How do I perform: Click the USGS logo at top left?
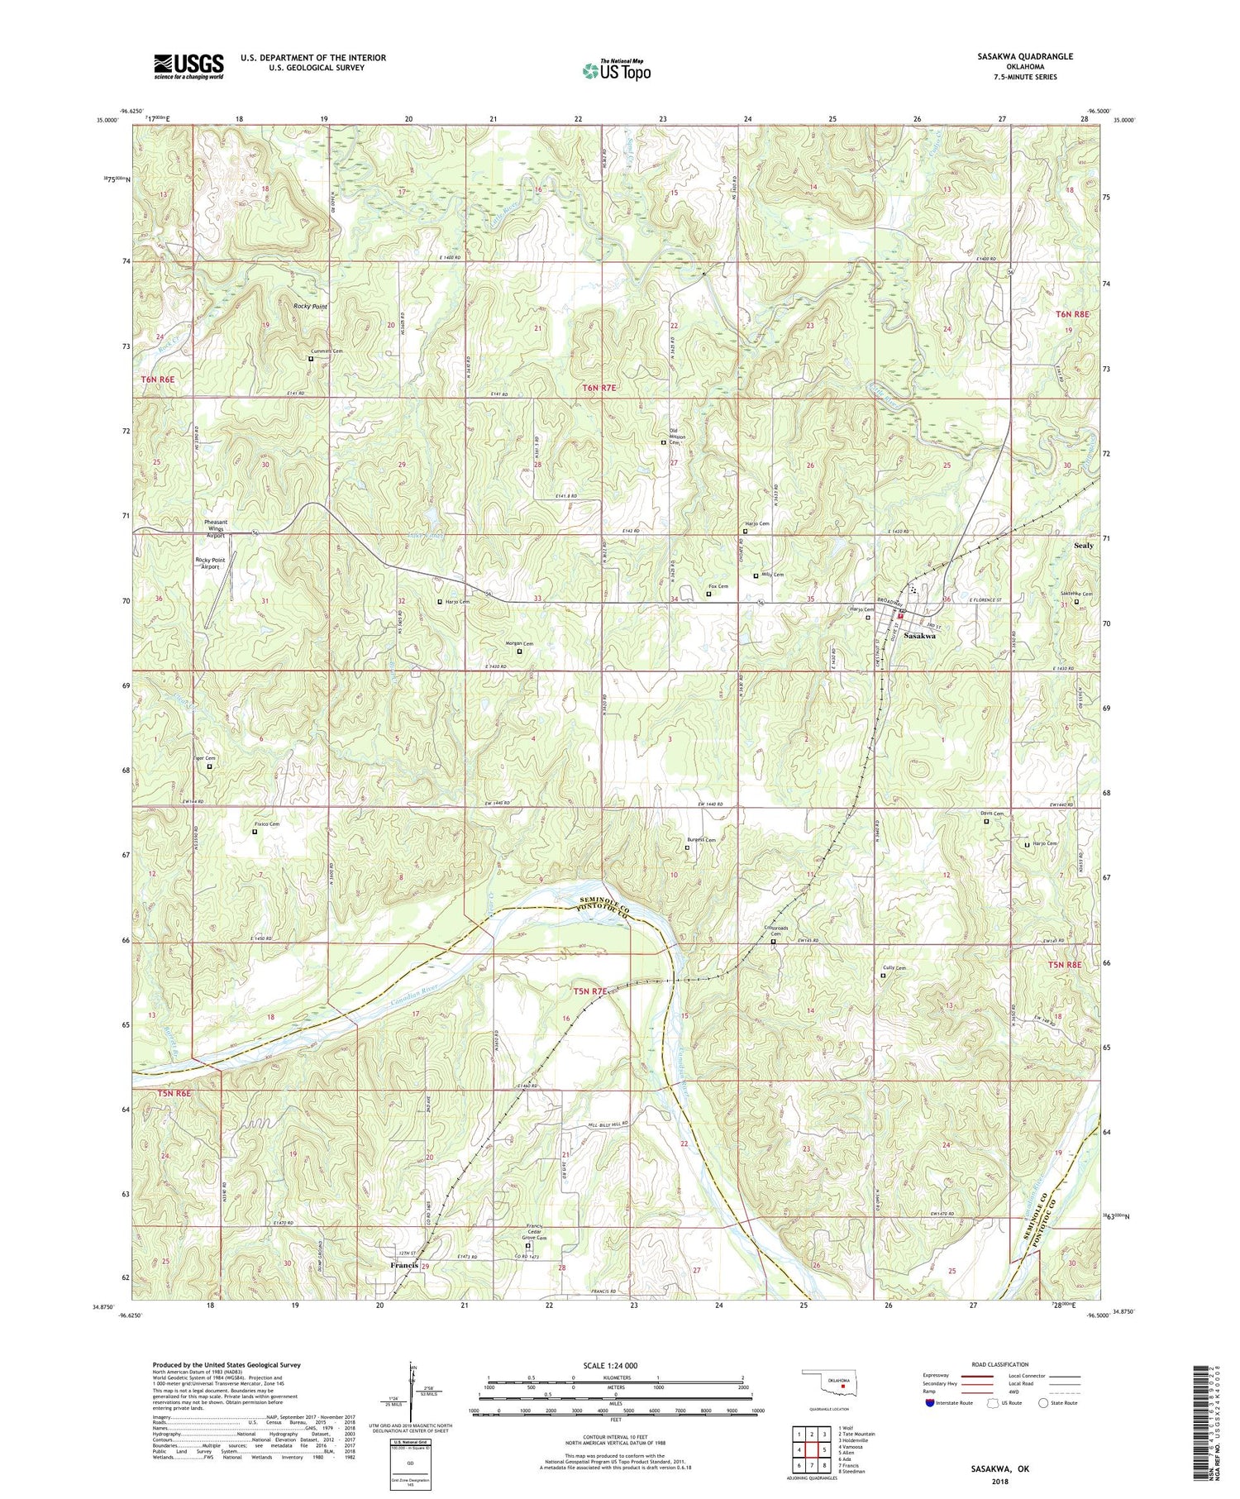pos(188,66)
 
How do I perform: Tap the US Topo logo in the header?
pos(616,70)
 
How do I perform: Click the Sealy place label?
pos(1083,546)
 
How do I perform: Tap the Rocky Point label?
pos(310,307)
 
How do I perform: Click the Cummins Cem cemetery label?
pos(327,351)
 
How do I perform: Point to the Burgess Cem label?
pos(701,839)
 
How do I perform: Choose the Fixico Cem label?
pos(267,824)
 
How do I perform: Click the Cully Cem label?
pos(894,968)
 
